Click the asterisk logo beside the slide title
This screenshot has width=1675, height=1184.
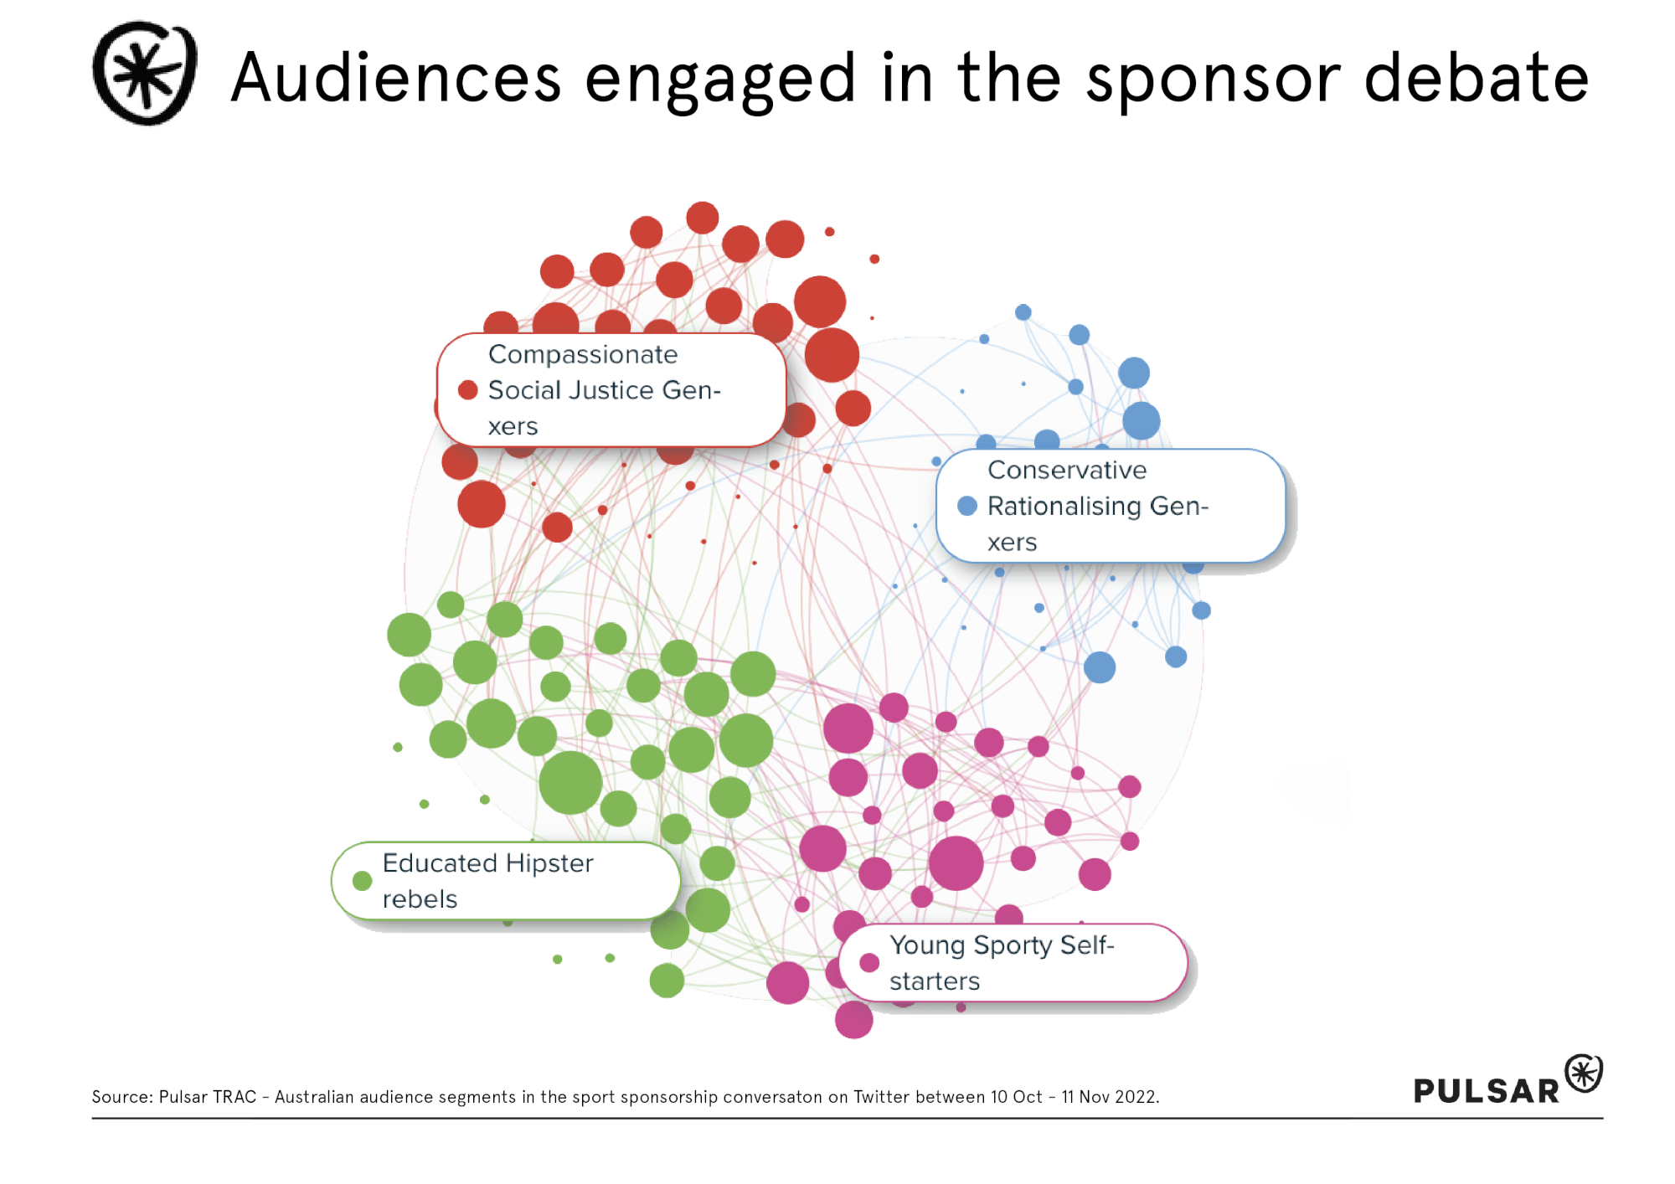145,74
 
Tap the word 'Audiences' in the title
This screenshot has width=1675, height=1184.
395,78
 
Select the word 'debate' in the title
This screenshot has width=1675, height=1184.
1476,78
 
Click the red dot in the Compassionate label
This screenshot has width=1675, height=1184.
467,390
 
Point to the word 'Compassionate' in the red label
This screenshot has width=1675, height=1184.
583,354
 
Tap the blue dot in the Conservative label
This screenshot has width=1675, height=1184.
966,506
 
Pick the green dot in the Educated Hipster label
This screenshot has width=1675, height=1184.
362,881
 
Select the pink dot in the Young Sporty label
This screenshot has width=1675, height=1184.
869,963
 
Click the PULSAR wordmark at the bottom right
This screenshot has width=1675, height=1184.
1486,1090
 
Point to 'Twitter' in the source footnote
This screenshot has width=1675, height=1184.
881,1097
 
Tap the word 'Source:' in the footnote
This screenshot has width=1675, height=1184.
122,1097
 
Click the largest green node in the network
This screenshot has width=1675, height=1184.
570,783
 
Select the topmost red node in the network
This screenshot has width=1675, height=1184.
702,218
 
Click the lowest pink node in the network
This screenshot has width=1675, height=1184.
853,1020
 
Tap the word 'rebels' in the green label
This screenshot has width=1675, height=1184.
420,899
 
